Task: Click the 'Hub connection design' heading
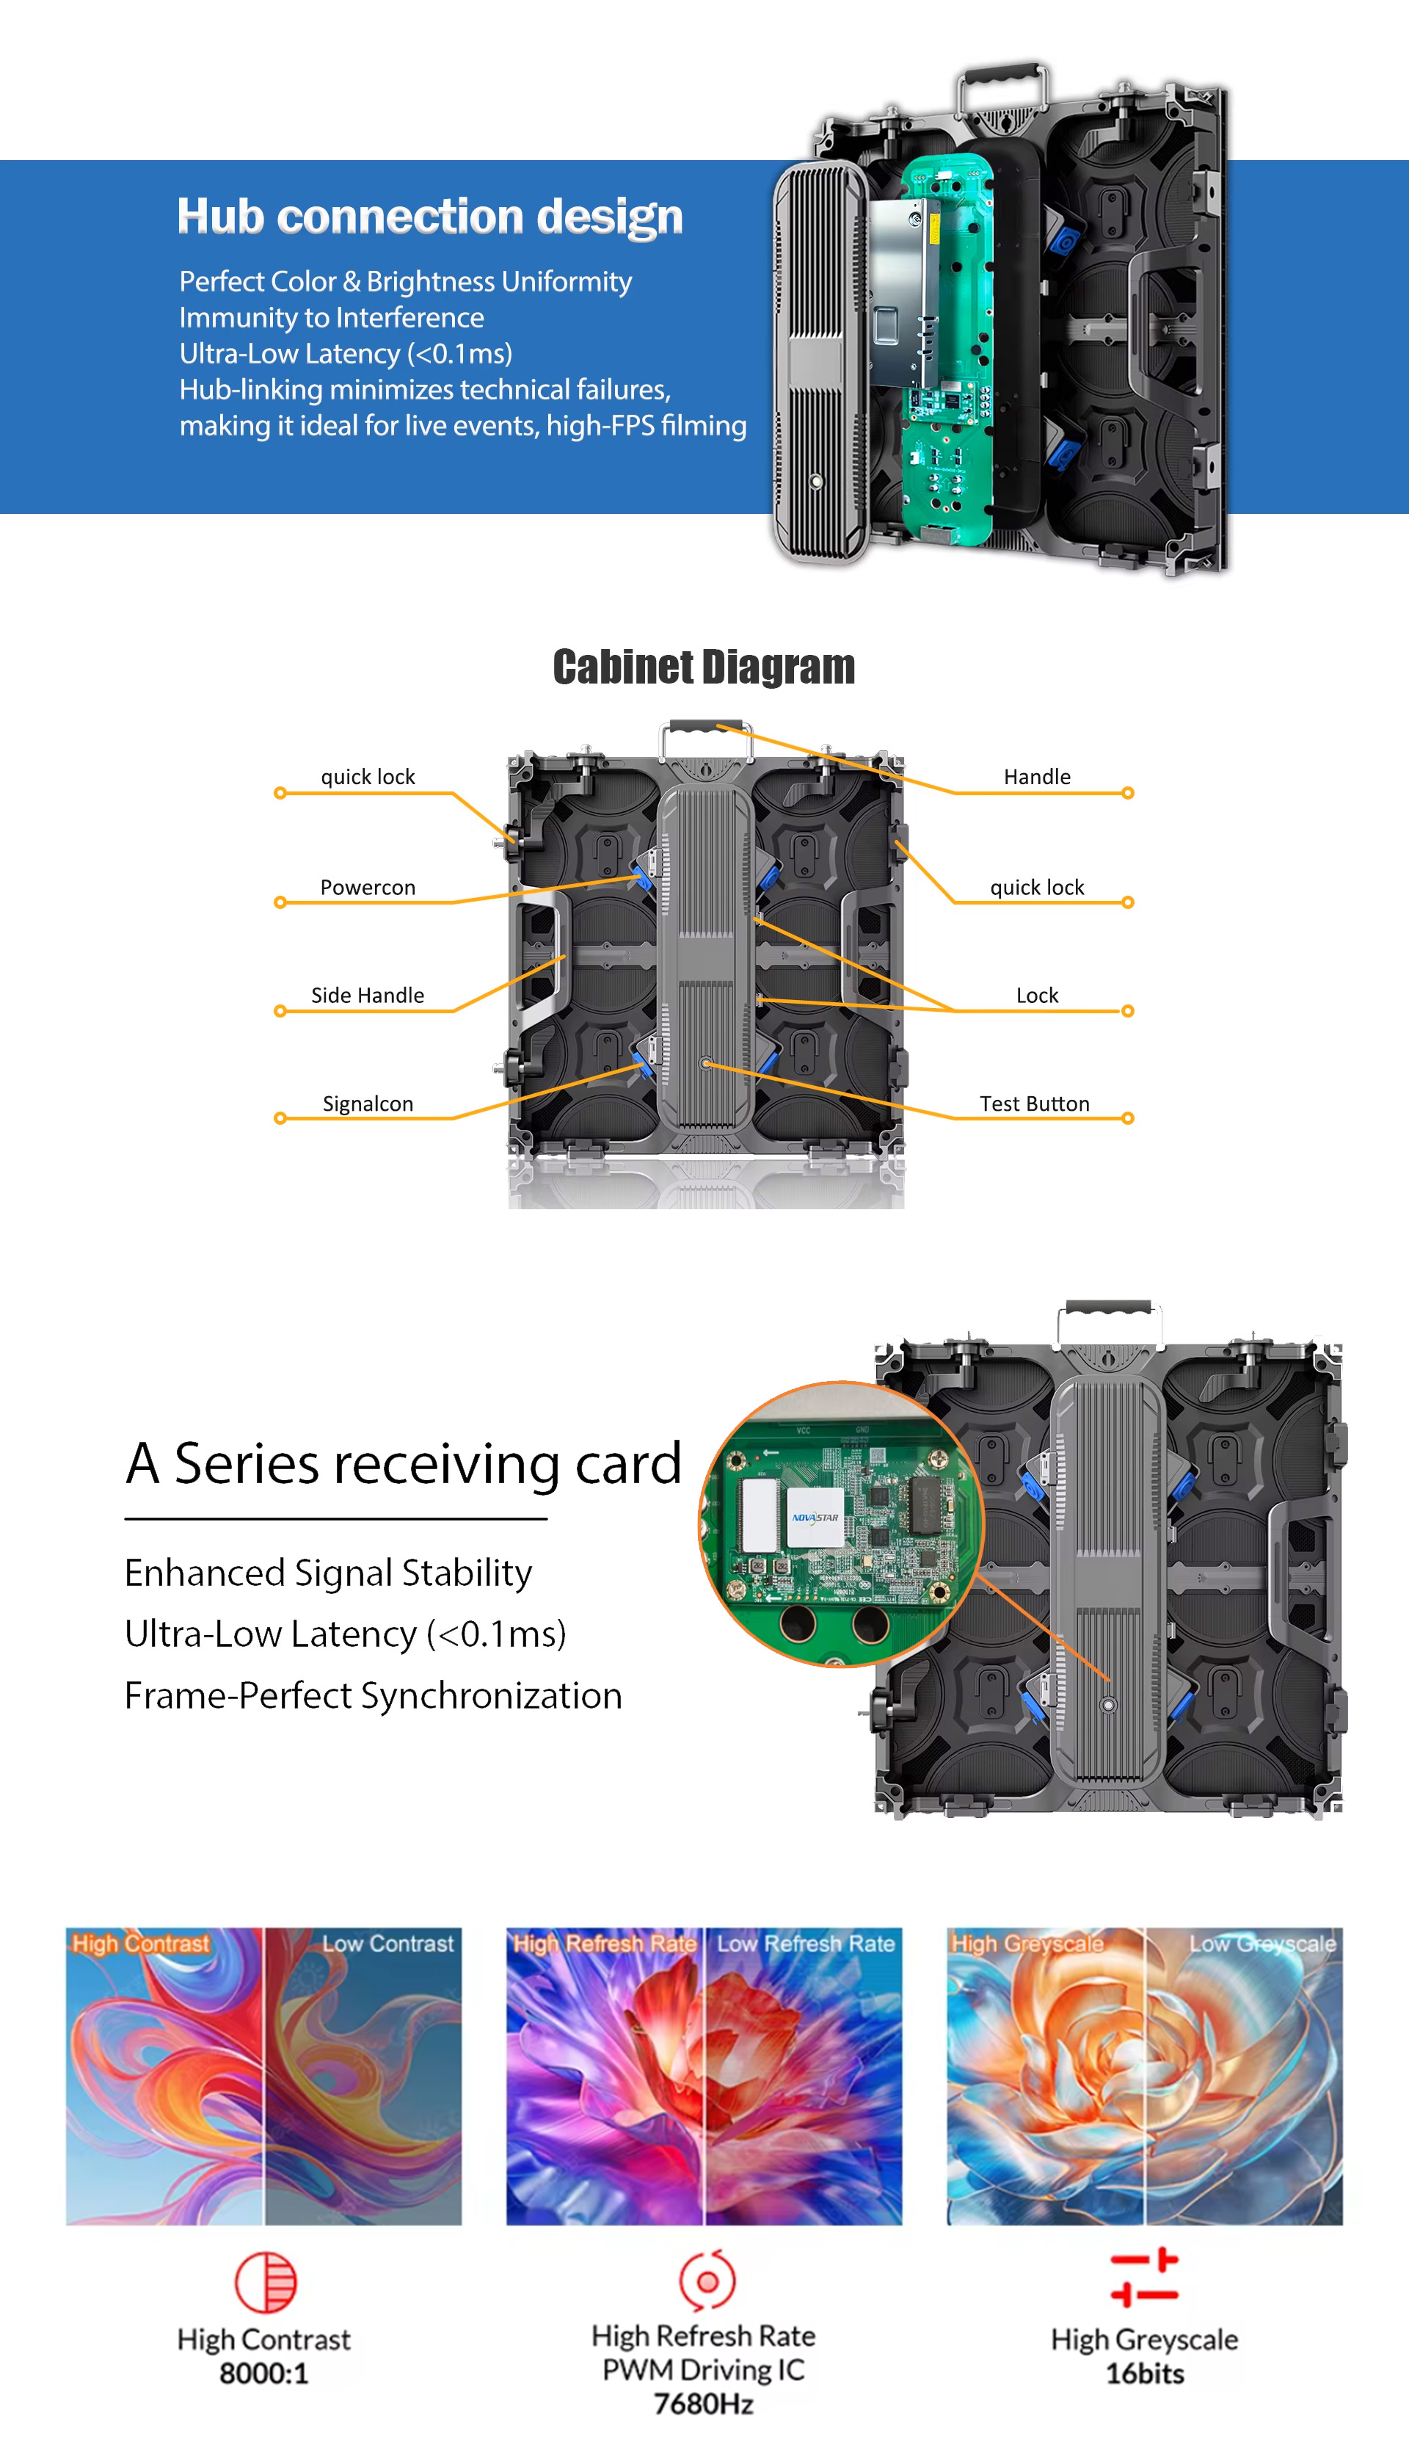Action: point(429,217)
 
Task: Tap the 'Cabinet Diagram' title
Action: point(704,667)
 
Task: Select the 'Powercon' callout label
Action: point(368,888)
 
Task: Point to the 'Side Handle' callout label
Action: point(368,995)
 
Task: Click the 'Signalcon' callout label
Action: point(368,1104)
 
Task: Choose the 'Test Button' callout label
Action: point(1035,1104)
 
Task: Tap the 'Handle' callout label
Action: point(1036,776)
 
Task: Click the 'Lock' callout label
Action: point(1036,995)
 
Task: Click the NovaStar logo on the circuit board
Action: point(815,1517)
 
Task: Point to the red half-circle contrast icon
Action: point(265,2282)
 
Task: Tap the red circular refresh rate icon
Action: point(707,2280)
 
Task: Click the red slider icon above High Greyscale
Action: point(1144,2278)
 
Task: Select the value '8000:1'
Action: point(263,2374)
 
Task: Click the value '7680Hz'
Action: point(704,2404)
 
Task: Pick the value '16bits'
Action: point(1145,2374)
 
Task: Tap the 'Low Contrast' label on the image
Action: point(387,1943)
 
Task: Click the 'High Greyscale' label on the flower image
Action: point(1027,1943)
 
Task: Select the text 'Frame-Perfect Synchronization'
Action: point(374,1696)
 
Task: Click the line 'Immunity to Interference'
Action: point(331,317)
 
